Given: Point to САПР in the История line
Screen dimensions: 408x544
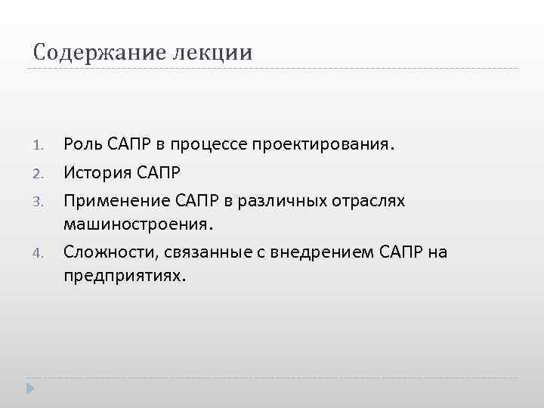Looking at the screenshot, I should (x=159, y=172).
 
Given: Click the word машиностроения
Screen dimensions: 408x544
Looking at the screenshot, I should (x=139, y=224).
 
